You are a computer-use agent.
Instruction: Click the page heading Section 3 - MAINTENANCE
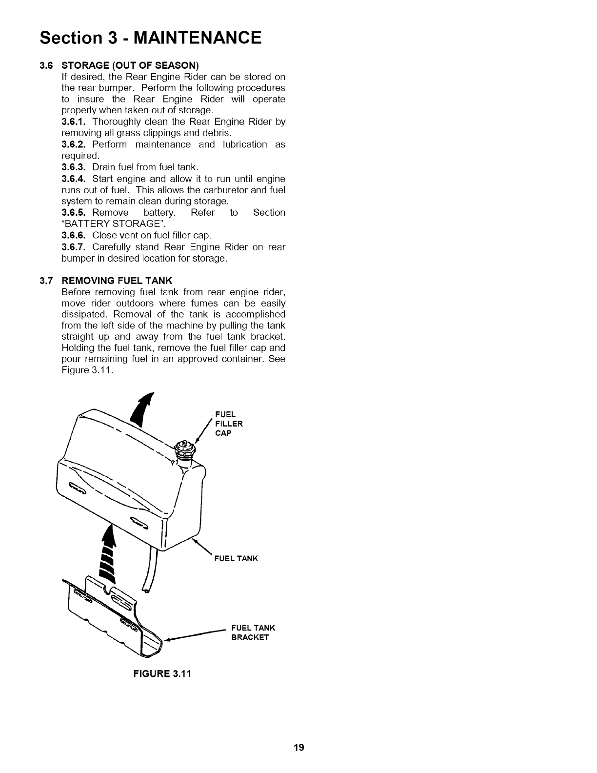click(x=151, y=37)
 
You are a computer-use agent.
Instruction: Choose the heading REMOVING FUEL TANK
click(x=117, y=281)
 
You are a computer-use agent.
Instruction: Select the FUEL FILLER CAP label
click(x=228, y=424)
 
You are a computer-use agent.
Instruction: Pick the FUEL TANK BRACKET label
click(x=253, y=632)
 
